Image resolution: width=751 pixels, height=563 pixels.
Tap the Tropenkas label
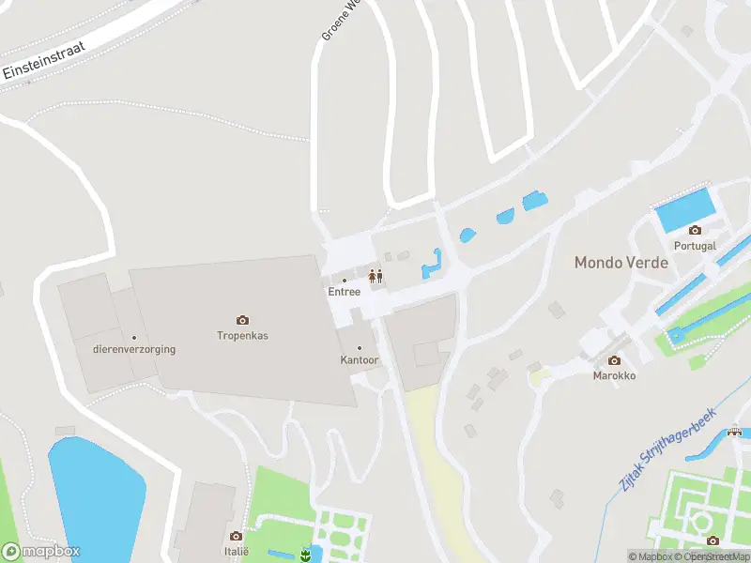click(x=242, y=335)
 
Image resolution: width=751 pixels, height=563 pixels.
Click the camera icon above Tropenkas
click(x=242, y=320)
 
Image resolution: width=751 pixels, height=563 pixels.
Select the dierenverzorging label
click(x=134, y=349)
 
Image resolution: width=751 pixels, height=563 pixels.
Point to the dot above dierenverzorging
click(x=134, y=338)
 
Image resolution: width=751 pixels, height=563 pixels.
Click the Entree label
click(x=344, y=292)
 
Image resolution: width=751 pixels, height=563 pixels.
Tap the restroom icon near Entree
click(x=375, y=276)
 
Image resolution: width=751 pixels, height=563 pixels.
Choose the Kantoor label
click(x=359, y=360)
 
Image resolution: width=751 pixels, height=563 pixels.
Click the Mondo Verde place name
click(x=621, y=263)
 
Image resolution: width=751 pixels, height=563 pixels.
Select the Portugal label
click(x=695, y=246)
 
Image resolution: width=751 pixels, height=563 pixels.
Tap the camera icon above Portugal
click(x=695, y=230)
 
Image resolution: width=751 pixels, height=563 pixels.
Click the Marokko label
click(x=614, y=375)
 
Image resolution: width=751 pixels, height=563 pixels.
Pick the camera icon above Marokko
click(x=614, y=360)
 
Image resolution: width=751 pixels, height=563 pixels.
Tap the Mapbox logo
click(x=41, y=552)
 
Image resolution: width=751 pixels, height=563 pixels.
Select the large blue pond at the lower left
click(x=94, y=497)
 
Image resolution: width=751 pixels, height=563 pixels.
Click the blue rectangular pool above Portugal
click(x=684, y=209)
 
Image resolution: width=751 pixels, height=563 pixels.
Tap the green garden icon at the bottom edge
click(x=305, y=555)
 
